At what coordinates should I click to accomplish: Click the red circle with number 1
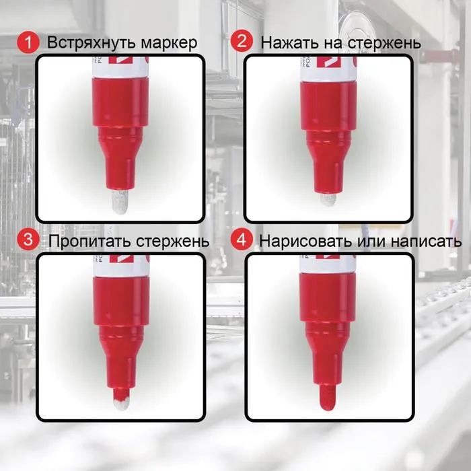28,42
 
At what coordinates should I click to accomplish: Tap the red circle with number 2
242,42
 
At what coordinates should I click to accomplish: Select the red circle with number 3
28,240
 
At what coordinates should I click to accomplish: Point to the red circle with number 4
242,240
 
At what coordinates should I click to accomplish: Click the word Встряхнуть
92,43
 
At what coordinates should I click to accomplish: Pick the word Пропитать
90,241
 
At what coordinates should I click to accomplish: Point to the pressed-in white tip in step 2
328,199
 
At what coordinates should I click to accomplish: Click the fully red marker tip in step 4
327,397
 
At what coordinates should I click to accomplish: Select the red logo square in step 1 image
120,60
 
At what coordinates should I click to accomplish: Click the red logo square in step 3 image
121,259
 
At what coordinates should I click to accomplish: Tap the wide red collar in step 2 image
328,106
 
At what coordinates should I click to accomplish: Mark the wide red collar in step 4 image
327,298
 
